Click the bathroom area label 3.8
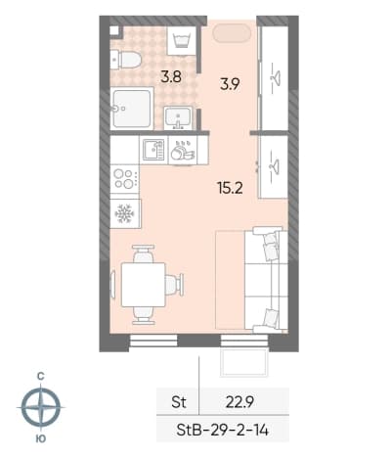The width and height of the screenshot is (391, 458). click(171, 77)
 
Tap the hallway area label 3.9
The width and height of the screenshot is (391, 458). click(230, 85)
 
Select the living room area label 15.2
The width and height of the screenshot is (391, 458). click(230, 188)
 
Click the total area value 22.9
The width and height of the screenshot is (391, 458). click(239, 402)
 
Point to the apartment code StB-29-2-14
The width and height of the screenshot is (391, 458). click(223, 430)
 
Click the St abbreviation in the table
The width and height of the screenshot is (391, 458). click(179, 402)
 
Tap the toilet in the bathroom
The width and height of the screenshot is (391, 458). click(126, 60)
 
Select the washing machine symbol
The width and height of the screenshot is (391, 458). click(182, 41)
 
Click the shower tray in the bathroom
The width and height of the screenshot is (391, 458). click(132, 109)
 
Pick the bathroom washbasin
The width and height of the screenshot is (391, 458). click(178, 118)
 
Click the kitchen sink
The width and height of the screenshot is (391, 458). click(153, 150)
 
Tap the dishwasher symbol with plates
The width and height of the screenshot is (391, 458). click(183, 151)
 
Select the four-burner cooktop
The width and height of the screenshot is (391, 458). click(124, 179)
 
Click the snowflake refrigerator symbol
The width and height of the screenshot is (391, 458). click(124, 213)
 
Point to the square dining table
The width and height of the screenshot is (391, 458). click(144, 285)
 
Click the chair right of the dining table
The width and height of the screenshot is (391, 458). click(174, 285)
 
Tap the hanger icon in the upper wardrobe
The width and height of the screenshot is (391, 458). click(276, 78)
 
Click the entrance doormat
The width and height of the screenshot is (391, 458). click(244, 363)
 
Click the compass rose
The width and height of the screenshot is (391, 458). click(41, 407)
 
